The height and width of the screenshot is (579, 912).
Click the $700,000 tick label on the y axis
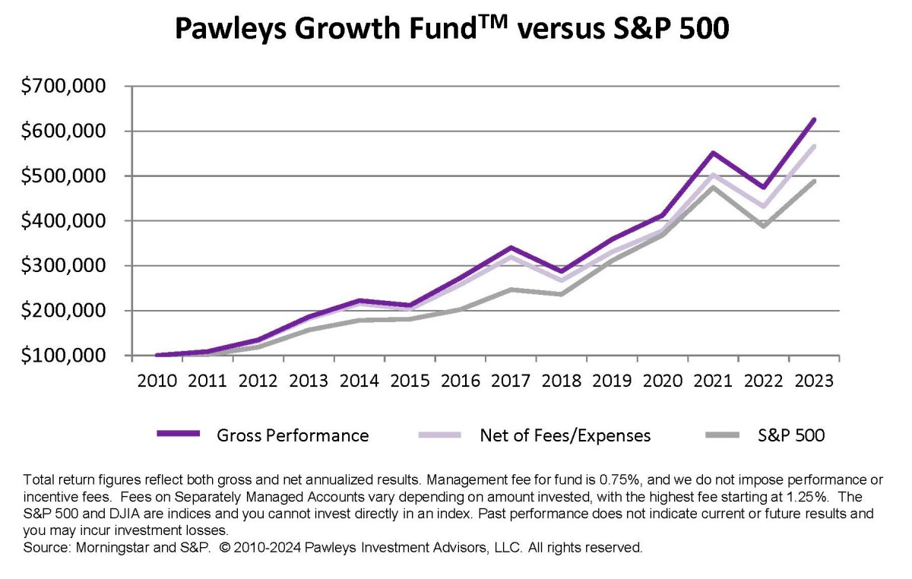tap(65, 87)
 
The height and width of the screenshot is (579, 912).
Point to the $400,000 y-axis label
tap(65, 221)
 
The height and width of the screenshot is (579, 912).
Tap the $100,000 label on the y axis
tap(65, 356)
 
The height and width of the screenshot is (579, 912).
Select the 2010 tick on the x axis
tap(157, 381)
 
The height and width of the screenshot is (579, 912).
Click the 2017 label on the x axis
tap(511, 381)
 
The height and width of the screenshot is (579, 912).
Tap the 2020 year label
tap(663, 381)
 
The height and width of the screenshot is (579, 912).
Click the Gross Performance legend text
tap(293, 435)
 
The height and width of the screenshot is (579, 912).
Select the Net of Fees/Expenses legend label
tap(565, 435)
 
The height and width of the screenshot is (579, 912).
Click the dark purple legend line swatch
tap(178, 434)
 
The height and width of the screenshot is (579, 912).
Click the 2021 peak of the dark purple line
tap(714, 153)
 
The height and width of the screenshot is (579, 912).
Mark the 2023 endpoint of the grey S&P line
tap(814, 181)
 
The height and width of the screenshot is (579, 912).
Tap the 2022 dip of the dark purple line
tap(764, 187)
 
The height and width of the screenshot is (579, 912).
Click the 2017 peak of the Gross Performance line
tap(511, 248)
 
